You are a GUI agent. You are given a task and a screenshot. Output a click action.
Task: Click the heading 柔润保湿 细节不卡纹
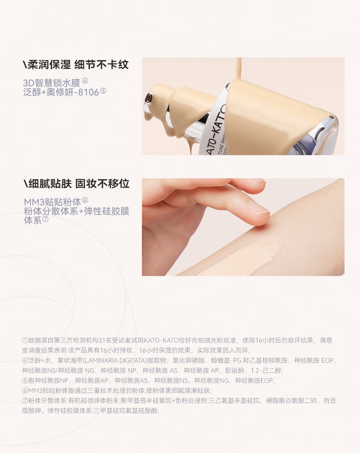coord(76,64)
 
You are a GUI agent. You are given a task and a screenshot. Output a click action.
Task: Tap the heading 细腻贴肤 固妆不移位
coord(76,183)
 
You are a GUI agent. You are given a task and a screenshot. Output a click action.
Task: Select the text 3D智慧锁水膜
coord(51,83)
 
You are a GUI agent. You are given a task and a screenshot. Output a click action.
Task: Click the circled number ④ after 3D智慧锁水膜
coord(85,81)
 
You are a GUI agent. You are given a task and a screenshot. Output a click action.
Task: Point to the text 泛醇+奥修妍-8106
coord(61,93)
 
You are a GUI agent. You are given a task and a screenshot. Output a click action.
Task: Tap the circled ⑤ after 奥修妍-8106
coord(103,91)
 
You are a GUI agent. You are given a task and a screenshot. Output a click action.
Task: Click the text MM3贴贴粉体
coord(52,202)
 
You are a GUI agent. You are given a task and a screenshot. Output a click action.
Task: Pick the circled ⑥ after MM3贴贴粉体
coord(85,200)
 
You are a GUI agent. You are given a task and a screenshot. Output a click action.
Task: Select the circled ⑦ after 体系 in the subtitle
coord(45,219)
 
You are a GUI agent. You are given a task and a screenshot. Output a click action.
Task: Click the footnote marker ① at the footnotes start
coord(25,341)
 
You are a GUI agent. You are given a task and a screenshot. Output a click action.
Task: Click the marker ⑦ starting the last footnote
coord(25,401)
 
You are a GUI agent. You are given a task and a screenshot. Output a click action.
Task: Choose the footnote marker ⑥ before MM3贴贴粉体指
coord(25,391)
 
